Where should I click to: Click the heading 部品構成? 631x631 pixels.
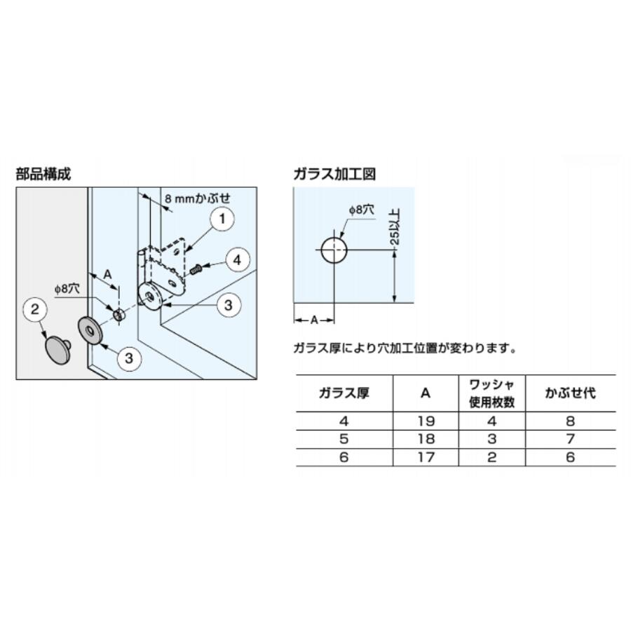coord(43,174)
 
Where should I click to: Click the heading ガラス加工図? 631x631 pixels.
coord(335,174)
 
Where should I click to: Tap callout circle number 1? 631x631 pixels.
coord(222,219)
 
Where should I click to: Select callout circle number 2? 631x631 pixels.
coord(35,309)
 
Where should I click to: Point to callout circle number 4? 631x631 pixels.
coord(238,260)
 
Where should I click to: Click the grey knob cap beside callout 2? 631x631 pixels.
coord(58,349)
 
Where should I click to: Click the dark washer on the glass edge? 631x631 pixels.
coord(89,330)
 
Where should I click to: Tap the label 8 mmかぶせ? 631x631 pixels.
coord(198,198)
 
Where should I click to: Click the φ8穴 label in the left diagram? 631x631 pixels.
coord(67,289)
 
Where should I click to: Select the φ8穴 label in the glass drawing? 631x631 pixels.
coord(361,210)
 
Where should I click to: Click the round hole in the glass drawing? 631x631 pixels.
coord(334,250)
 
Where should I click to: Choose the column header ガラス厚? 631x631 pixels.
coord(344,393)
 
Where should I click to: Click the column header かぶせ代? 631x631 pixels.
coord(570,393)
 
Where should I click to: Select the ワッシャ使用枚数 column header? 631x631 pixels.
coord(491,393)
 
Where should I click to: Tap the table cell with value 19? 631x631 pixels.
coord(426,421)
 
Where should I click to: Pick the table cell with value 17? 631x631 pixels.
coord(426,457)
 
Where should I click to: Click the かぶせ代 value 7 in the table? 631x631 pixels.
coord(570,439)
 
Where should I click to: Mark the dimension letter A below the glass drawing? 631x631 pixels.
coord(314,320)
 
